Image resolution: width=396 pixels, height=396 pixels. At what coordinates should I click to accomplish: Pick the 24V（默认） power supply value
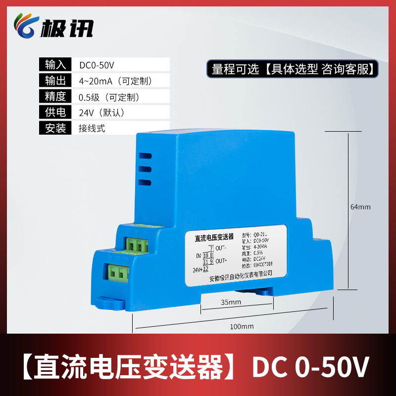101,112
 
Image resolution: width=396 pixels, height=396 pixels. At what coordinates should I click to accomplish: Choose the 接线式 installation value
92,128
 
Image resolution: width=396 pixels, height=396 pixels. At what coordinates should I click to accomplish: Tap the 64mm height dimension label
360,207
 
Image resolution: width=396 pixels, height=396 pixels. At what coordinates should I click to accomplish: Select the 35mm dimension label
231,302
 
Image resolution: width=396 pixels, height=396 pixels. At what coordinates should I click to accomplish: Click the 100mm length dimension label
242,326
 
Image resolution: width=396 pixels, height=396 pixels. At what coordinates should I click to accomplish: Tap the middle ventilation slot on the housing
145,169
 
